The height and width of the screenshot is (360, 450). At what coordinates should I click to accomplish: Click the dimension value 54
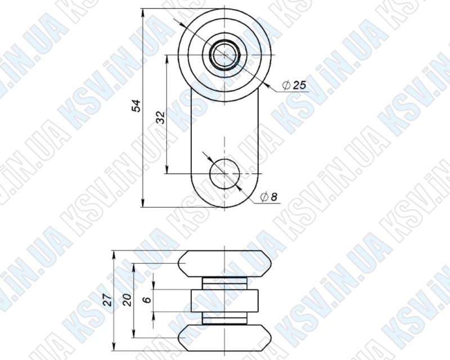(136, 106)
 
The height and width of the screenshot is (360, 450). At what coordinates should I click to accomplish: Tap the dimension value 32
(161, 118)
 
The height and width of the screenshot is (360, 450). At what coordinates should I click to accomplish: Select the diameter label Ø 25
(294, 85)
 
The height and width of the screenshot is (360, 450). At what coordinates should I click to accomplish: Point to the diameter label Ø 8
(269, 197)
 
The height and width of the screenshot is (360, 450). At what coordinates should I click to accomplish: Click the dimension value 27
(107, 300)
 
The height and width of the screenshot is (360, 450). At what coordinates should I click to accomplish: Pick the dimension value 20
(127, 300)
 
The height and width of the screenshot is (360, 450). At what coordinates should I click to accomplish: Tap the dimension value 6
(147, 300)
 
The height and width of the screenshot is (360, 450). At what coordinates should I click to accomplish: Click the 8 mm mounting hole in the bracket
(224, 174)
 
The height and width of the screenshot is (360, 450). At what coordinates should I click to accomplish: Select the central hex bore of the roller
(224, 55)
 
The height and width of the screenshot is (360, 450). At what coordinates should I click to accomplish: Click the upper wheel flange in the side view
(224, 264)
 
